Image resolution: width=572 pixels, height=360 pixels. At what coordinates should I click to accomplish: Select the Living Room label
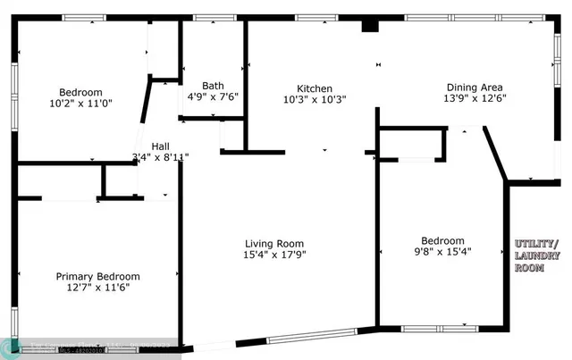[x=275, y=244]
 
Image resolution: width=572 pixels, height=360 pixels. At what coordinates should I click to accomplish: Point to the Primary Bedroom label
[x=98, y=277]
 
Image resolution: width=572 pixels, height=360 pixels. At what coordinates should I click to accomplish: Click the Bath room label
[x=213, y=86]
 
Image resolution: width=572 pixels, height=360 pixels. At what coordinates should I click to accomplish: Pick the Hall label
[x=160, y=147]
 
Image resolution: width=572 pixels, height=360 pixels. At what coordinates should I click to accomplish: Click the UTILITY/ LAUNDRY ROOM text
[x=536, y=256]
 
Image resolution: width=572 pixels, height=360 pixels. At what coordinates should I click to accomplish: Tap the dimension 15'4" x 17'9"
[x=275, y=255]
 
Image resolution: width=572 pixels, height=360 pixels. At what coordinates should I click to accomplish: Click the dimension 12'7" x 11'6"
[x=98, y=289]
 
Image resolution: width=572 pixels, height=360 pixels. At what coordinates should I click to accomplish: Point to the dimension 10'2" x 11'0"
[x=80, y=104]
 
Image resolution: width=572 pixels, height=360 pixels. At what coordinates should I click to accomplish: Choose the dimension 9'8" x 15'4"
[x=442, y=252]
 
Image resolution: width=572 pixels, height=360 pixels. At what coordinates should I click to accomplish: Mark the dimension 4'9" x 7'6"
[x=213, y=96]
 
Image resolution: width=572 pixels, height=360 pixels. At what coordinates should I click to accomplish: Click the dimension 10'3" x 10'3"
[x=315, y=99]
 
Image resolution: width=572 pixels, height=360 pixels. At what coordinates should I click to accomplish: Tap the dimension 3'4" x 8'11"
[x=160, y=157]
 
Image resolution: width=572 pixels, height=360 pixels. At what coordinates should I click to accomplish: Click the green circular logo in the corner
[x=13, y=347]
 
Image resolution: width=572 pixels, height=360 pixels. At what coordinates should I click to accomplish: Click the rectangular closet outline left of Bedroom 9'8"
[x=412, y=144]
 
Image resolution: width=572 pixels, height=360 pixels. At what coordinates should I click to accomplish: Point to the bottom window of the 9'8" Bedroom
[x=437, y=327]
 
